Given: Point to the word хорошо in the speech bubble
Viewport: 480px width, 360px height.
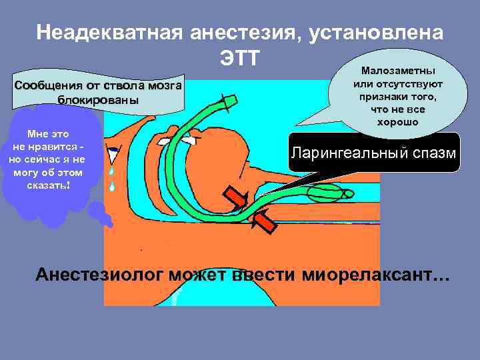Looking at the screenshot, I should (x=397, y=122).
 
